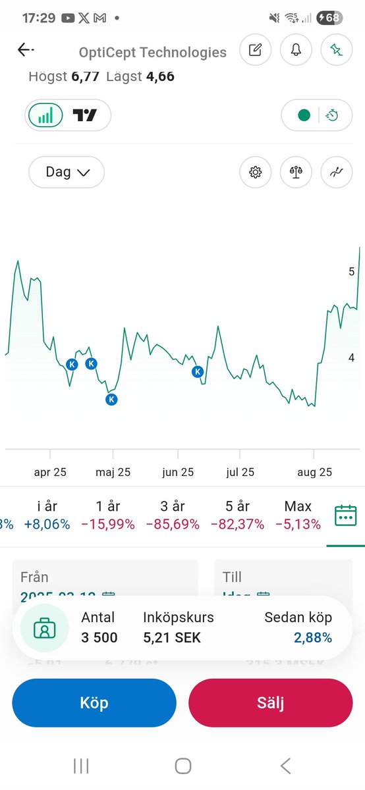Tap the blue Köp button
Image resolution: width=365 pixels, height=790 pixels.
coord(94,702)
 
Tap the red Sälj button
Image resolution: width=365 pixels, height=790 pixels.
coord(270,702)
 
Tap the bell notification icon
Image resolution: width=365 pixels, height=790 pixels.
coord(296,50)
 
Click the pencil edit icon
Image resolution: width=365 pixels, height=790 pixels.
coord(255,50)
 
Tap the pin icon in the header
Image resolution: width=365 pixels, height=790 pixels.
coord(337,50)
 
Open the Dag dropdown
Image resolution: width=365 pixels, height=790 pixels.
coord(67,172)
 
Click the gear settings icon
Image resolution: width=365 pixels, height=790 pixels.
coord(255,172)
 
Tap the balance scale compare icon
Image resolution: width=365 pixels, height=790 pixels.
coord(296,172)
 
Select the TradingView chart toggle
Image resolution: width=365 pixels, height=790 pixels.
coord(85,116)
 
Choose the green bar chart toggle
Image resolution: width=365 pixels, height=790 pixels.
coord(45,116)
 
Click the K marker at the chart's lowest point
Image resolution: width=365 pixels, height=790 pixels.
coord(111,399)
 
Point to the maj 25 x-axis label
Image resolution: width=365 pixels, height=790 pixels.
coord(113,472)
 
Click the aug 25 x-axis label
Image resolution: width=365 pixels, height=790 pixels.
coord(314,472)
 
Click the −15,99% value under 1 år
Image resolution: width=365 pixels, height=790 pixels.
coord(108,524)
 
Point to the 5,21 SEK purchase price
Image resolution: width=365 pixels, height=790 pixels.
coord(172,637)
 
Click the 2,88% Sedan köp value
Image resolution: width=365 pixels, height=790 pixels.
coord(313,637)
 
